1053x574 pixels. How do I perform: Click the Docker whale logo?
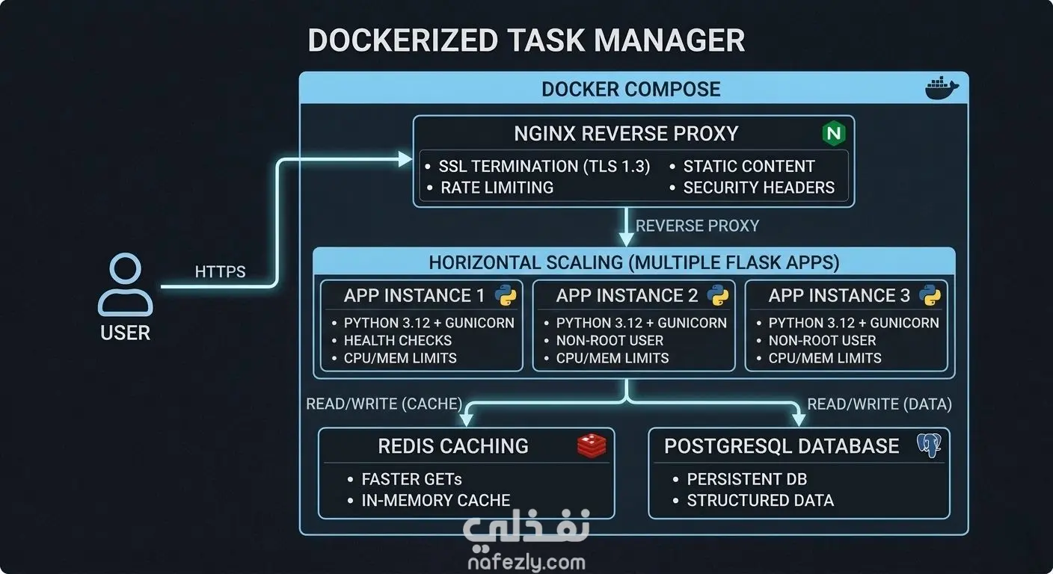point(942,88)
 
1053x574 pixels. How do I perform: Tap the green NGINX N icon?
point(834,133)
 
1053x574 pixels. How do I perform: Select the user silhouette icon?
point(125,285)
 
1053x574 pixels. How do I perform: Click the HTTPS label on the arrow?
point(220,271)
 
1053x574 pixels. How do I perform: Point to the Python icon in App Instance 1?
point(506,295)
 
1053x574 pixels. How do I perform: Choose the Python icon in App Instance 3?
point(930,295)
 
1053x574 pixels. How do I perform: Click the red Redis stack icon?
point(592,445)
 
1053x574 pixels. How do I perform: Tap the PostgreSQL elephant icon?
point(930,445)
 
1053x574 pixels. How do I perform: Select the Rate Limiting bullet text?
point(497,188)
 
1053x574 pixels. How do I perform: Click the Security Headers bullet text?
point(759,188)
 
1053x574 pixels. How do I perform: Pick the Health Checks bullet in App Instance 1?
point(398,340)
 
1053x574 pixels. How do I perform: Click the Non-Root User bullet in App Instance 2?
point(610,340)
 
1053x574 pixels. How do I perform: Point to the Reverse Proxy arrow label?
point(697,226)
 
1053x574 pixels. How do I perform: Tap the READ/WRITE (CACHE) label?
point(384,404)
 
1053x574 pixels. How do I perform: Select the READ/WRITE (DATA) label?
point(879,404)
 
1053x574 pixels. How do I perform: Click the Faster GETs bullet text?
point(411,479)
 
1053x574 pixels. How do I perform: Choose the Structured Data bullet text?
point(760,500)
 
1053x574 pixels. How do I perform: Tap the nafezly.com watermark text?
point(526,562)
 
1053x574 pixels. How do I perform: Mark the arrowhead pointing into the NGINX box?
point(405,159)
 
